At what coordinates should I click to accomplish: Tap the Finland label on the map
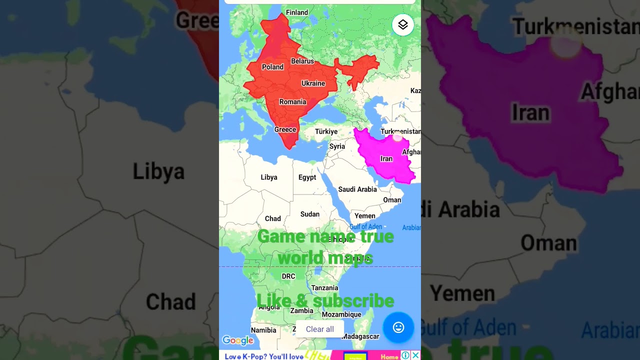point(297,12)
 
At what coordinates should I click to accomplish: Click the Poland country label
point(272,67)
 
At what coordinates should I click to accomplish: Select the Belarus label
point(302,61)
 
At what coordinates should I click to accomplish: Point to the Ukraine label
point(313,83)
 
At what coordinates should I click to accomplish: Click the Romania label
point(292,102)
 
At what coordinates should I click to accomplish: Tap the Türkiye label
point(326,131)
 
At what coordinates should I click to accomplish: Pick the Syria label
point(337,146)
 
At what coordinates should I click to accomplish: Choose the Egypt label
point(307,177)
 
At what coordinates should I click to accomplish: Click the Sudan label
point(309,214)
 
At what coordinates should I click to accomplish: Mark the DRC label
point(288,276)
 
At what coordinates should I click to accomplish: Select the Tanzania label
point(324,288)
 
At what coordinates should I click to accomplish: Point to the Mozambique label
point(341,314)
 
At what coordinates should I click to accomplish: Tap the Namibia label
point(263,330)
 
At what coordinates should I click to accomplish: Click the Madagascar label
point(360,336)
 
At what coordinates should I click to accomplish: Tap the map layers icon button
point(403,24)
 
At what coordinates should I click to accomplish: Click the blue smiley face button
point(398,327)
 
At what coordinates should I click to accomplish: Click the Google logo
point(238,340)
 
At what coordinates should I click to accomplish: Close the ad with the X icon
point(415,355)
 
